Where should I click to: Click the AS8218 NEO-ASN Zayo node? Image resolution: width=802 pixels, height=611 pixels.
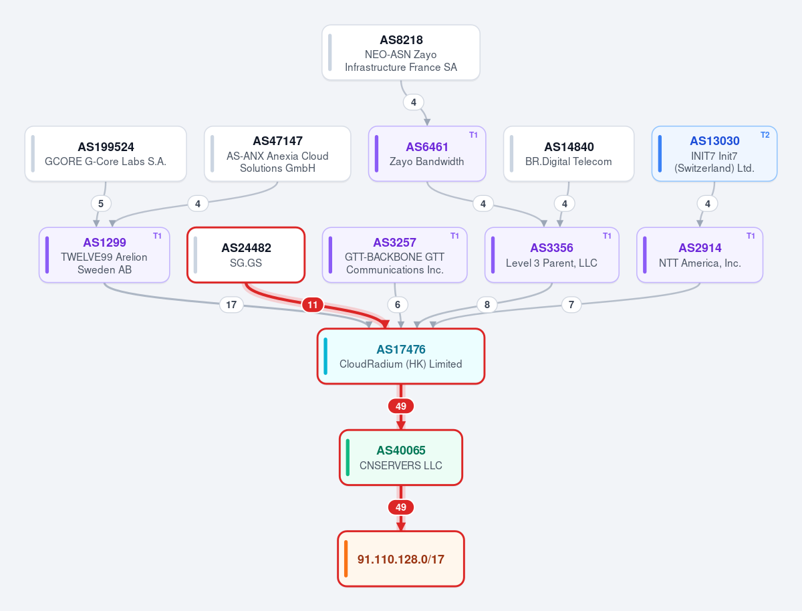[401, 53]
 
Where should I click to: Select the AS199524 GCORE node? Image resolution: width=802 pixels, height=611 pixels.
[106, 154]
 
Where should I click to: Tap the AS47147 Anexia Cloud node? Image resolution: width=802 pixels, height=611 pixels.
[277, 154]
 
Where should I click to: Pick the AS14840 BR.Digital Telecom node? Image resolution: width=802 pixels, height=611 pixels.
[569, 154]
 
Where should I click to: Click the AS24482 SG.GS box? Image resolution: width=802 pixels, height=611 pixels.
[246, 255]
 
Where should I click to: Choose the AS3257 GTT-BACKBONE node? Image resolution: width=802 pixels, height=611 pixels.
[394, 255]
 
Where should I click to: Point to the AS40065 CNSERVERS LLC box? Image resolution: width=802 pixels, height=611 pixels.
[401, 457]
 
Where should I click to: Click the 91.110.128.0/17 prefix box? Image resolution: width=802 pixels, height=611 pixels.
[401, 559]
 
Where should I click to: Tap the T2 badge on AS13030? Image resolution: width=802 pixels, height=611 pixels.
[765, 135]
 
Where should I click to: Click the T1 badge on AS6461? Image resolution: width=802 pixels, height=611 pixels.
[473, 135]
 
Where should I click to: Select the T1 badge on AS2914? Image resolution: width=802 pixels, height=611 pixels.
[751, 236]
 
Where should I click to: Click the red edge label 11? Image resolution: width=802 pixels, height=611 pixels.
[312, 305]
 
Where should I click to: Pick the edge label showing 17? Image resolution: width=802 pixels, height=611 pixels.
[231, 305]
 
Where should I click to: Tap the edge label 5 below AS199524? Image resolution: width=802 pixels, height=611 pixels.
[101, 203]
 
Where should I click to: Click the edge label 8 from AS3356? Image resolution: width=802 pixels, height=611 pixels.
[487, 305]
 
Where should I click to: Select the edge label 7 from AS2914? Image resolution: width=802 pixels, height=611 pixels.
[571, 305]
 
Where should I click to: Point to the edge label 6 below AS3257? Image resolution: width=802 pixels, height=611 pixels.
[398, 305]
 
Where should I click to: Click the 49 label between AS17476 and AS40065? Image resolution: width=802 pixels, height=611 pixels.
[401, 406]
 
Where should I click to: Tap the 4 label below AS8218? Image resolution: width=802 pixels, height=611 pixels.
[414, 102]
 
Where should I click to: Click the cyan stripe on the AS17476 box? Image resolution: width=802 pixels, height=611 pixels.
[325, 356]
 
